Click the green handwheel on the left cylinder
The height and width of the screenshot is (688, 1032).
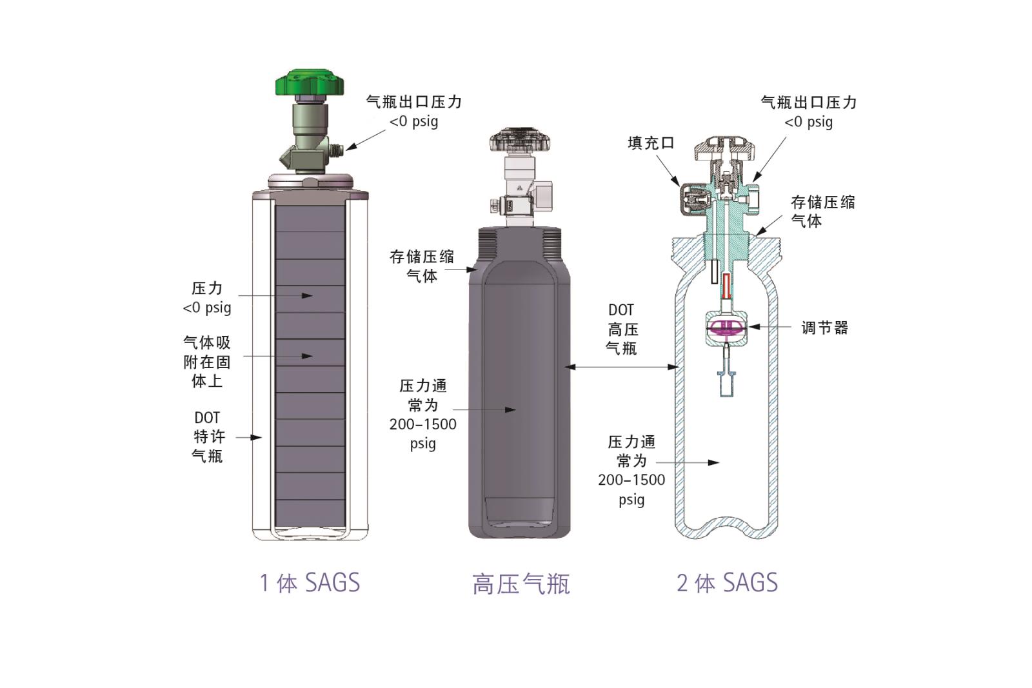[x=310, y=83]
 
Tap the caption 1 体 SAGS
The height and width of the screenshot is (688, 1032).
[x=310, y=582]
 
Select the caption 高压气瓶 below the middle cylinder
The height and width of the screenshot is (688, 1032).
[x=521, y=584]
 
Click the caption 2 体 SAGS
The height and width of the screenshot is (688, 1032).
[x=727, y=582]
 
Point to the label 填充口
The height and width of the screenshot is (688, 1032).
[x=651, y=143]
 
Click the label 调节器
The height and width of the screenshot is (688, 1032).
[x=825, y=328]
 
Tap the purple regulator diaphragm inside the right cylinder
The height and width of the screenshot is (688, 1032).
[x=726, y=327]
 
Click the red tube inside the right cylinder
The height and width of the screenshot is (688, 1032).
[x=727, y=286]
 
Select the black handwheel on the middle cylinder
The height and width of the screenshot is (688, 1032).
[x=520, y=139]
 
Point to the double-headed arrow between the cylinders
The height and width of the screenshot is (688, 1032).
[x=622, y=367]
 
